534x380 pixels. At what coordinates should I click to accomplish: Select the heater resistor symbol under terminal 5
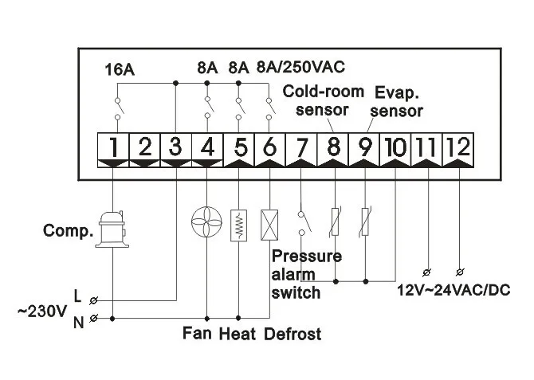point(238,224)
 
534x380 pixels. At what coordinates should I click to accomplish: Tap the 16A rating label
point(120,69)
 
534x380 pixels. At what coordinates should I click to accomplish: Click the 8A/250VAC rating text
point(300,67)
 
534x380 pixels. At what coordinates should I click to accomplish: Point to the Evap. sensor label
point(399,100)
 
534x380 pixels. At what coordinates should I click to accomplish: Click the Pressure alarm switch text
point(307,274)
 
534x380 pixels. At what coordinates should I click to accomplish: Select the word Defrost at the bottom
point(293,334)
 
